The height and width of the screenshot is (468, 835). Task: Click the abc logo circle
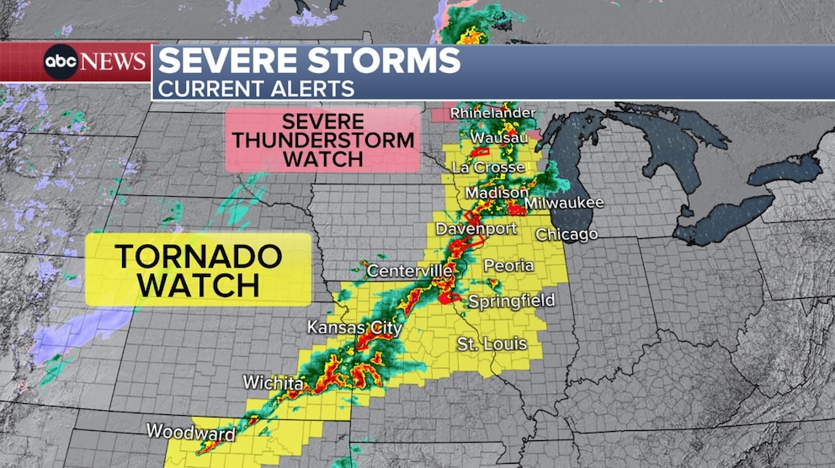coord(61,61)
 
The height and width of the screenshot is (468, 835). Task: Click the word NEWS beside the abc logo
coord(114,61)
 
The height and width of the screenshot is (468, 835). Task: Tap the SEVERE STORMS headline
coord(309,61)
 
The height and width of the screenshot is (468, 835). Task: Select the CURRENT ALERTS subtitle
coord(257,88)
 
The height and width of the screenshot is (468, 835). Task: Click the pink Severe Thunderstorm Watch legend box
coord(323,139)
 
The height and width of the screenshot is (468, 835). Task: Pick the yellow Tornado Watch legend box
coord(199,269)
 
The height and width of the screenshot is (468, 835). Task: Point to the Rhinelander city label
coord(492,113)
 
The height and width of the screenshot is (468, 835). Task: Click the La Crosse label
coord(487,167)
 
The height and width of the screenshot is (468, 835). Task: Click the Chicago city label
coord(566,234)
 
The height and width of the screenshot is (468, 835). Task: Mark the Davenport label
coord(464,229)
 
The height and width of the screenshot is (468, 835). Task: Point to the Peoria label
coord(508,265)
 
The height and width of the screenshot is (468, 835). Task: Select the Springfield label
coord(511,300)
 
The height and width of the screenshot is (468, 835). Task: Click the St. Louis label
coord(492,343)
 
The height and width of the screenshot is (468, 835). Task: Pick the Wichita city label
coord(273,383)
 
